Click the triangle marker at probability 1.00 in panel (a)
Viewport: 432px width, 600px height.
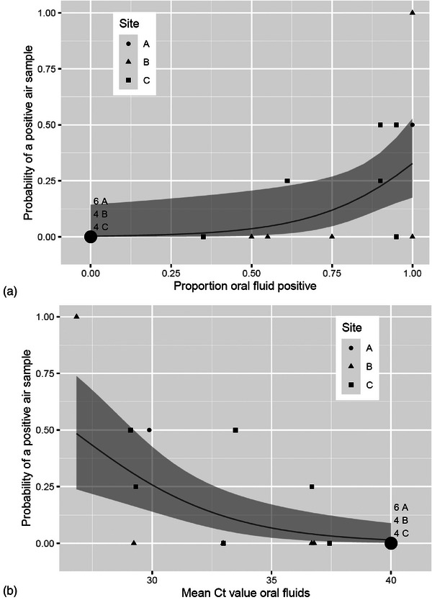point(412,13)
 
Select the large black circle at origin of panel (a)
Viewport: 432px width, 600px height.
point(90,237)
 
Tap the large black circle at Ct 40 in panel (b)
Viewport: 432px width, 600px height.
point(391,543)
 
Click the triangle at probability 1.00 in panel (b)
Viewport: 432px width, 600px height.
point(76,317)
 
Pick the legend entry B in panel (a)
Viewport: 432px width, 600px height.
point(138,62)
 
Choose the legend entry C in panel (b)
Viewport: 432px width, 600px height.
point(361,385)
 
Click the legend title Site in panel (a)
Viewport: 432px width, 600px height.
point(129,24)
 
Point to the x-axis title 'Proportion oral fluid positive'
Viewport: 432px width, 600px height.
point(245,286)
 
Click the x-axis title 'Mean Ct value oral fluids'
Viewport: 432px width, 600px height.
point(246,593)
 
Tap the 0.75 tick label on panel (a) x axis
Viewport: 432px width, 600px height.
point(332,273)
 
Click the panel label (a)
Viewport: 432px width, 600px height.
point(9,292)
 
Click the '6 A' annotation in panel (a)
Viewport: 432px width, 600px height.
point(101,201)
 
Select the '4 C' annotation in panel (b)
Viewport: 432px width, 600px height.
point(401,532)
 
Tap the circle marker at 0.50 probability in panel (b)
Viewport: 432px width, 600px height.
point(149,430)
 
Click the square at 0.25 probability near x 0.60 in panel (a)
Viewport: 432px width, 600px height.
point(287,181)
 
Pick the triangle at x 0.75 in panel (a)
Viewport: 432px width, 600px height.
point(332,236)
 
